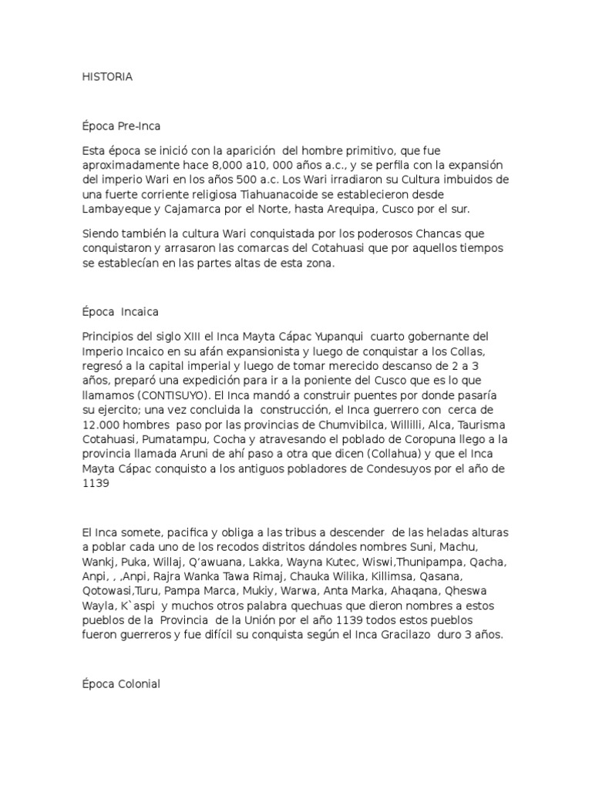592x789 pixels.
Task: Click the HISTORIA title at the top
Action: (107, 76)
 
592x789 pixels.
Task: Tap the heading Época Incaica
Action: (120, 312)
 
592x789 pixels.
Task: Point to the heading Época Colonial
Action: (121, 683)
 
